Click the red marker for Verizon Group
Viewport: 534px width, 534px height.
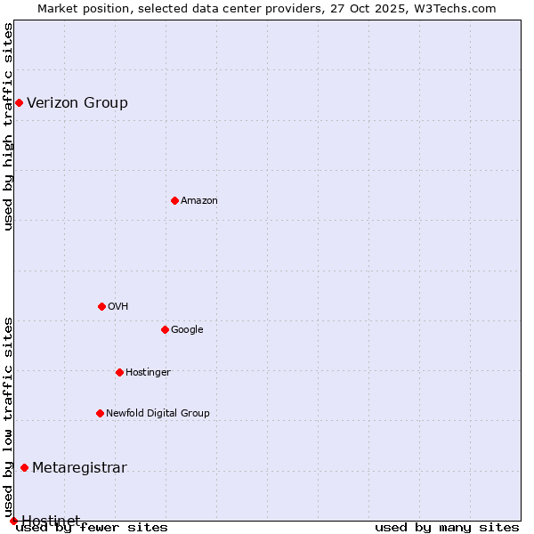tap(19, 103)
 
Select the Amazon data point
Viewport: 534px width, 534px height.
tap(174, 200)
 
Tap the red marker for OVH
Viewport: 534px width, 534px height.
tap(101, 306)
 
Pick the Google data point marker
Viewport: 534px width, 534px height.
tap(165, 329)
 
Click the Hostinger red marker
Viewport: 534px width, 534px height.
tap(119, 372)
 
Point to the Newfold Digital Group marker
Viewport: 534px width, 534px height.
tap(100, 413)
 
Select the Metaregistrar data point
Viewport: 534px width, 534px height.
tap(24, 468)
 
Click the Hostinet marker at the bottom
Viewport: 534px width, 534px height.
tap(13, 521)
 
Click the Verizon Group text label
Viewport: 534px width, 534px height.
tap(77, 103)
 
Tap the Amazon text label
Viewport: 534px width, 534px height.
tap(199, 201)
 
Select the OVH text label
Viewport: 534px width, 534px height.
tap(118, 307)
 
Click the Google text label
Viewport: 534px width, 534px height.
tap(187, 330)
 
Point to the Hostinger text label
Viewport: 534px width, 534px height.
tap(148, 372)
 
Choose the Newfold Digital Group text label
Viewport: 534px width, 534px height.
tap(158, 413)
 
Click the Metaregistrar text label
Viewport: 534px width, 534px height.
tap(79, 468)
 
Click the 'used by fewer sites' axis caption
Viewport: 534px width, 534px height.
tap(92, 528)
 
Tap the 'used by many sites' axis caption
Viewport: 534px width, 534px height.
tap(447, 528)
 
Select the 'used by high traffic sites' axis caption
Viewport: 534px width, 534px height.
tap(8, 126)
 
